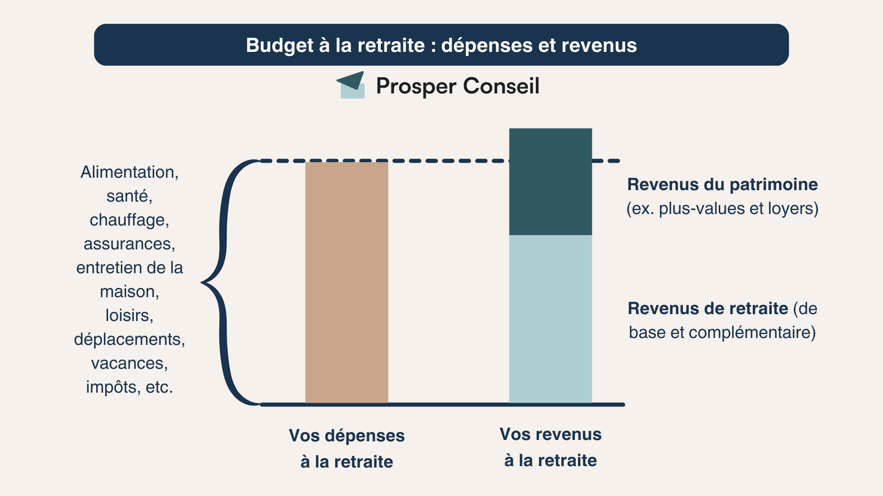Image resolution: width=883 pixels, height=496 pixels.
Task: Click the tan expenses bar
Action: [x=347, y=282]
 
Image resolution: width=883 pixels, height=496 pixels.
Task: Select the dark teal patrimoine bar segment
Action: [x=550, y=182]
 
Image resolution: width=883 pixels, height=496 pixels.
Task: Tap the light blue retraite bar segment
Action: [x=550, y=319]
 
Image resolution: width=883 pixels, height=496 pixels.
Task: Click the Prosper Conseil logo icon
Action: [x=351, y=85]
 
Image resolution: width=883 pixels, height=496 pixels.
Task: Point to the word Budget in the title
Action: [x=273, y=45]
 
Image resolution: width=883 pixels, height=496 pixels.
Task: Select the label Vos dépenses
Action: [x=347, y=435]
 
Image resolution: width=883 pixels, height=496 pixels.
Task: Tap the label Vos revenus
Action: [x=550, y=434]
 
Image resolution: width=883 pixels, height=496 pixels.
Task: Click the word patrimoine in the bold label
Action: [x=774, y=185]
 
